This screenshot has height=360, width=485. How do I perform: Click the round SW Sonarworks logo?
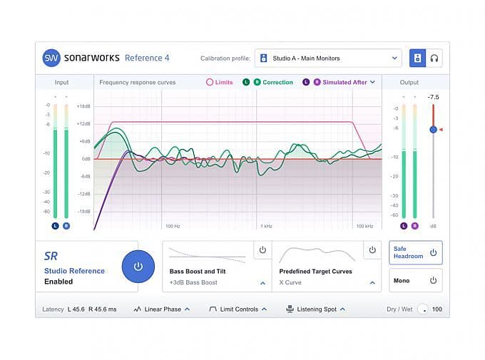coord(51,58)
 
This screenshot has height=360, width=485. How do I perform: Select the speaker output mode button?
coord(417,58)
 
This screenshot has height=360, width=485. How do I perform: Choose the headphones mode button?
coord(434,58)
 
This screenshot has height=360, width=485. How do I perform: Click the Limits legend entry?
coord(220,83)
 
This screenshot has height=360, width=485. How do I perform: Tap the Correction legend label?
coord(277,83)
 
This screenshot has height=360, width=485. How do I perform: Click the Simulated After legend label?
coord(344,83)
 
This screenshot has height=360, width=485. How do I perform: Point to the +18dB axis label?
coord(83,106)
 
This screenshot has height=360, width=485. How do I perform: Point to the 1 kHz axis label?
coord(266,226)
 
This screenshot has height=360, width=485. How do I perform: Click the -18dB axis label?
coord(83,212)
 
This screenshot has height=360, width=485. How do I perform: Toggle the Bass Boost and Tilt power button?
coord(262,250)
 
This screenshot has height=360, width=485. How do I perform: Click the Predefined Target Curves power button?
coord(372,250)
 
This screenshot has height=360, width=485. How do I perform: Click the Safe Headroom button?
coord(415,252)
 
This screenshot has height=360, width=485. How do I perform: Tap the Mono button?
coord(415,281)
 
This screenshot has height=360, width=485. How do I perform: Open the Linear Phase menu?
coord(162,309)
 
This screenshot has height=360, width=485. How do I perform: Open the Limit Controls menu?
coord(238,309)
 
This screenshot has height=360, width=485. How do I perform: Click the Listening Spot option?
coord(315,309)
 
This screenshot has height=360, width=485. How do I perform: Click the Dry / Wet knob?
coord(423,309)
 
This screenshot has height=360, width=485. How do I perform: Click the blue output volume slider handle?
coord(433,129)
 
